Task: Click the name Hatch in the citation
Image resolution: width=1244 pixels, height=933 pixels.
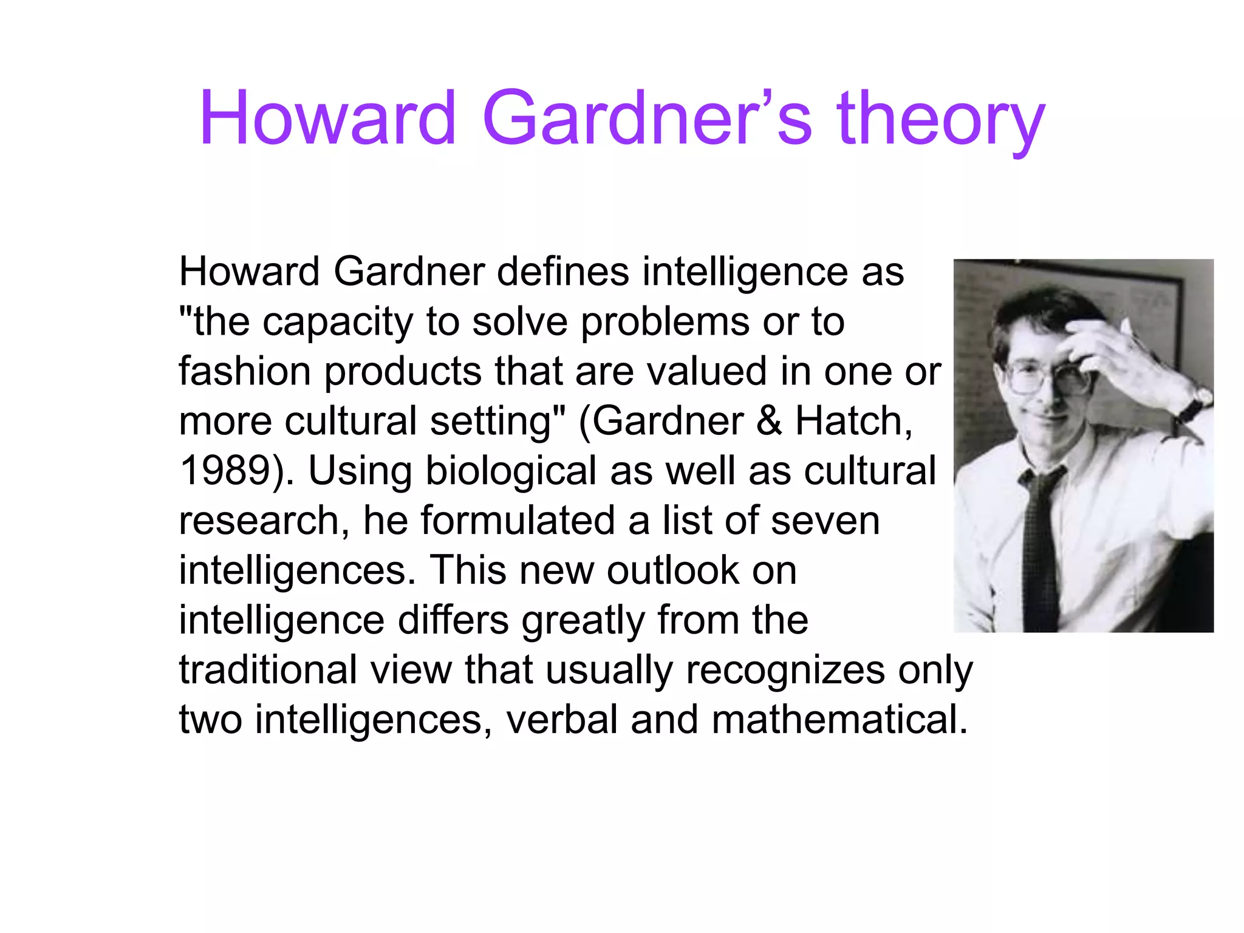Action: click(x=853, y=421)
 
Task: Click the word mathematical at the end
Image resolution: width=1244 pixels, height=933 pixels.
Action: click(x=839, y=720)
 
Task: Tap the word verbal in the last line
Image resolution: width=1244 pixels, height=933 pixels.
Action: click(x=561, y=720)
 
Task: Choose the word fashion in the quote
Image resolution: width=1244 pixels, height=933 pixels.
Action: click(x=244, y=371)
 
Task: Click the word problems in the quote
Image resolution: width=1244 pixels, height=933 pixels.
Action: click(x=665, y=321)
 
